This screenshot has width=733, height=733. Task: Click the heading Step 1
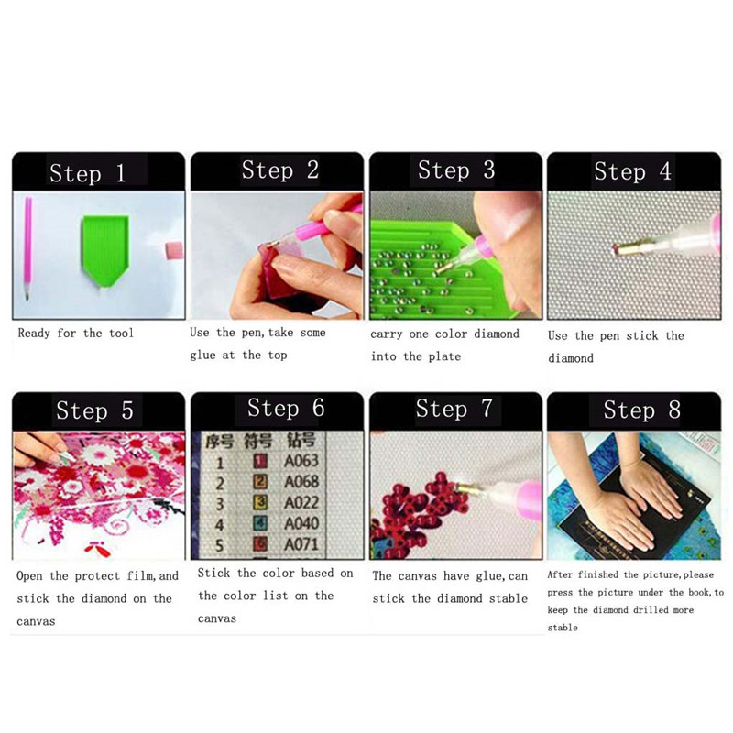tap(87, 173)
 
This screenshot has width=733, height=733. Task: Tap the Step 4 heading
tap(632, 171)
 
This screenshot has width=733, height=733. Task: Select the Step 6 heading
tap(286, 408)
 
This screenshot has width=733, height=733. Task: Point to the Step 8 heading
tap(641, 410)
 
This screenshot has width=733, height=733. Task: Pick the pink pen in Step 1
tap(27, 248)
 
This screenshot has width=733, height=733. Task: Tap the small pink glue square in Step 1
tap(174, 250)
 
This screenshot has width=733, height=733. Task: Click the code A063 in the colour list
tap(301, 461)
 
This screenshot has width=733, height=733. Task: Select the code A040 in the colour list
tap(301, 523)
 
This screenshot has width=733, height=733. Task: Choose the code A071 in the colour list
tap(301, 544)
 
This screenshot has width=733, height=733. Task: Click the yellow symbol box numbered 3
tap(260, 502)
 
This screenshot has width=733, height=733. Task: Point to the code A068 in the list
tap(301, 482)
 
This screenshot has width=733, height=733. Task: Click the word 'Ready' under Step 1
tap(34, 334)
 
